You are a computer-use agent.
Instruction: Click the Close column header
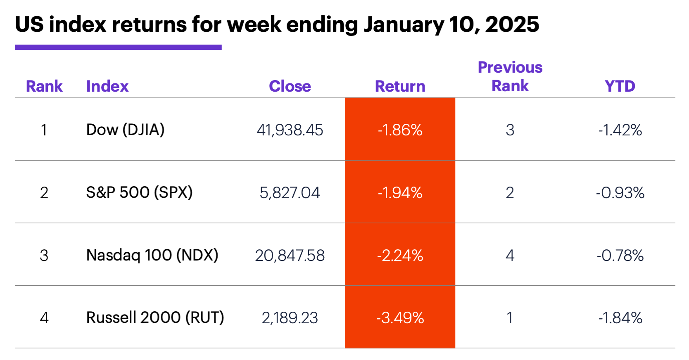point(290,86)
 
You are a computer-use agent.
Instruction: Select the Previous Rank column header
point(510,77)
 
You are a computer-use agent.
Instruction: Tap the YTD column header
point(620,86)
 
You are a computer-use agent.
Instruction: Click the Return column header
point(400,86)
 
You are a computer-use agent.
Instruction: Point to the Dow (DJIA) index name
point(125,130)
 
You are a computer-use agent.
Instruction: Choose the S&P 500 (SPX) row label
point(139,192)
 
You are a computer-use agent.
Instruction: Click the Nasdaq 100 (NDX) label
point(152,255)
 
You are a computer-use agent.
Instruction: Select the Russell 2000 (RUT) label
point(155,317)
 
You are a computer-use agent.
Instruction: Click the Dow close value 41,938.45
point(290,130)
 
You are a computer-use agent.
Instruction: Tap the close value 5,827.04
point(290,193)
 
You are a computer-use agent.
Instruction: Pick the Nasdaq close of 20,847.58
point(290,256)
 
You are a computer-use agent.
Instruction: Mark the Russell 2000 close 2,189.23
point(290,318)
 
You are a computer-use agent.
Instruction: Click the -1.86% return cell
point(400,130)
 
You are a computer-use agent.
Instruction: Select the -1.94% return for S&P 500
point(400,193)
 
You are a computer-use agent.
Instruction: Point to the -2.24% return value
point(400,256)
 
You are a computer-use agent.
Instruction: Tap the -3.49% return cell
point(400,318)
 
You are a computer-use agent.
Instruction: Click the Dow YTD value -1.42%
point(620,130)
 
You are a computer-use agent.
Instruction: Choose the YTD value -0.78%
point(620,256)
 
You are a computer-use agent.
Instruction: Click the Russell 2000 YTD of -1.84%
point(620,318)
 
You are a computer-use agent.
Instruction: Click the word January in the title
point(404,25)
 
